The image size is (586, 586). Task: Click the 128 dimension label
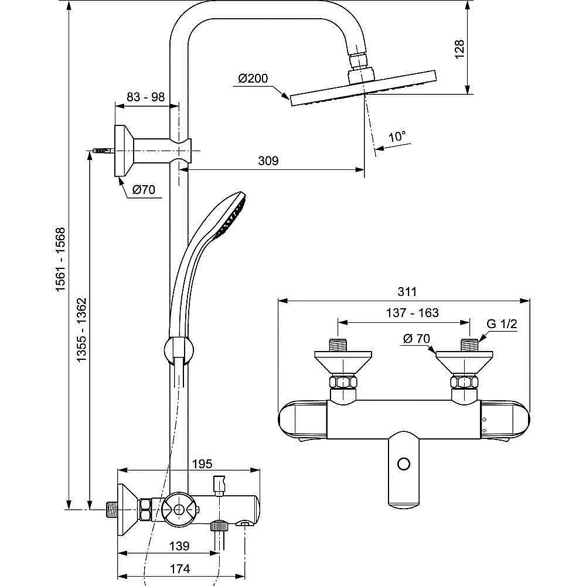(459, 49)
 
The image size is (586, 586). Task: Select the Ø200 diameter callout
(253, 79)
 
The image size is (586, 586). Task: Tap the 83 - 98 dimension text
(145, 97)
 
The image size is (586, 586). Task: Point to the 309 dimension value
(268, 161)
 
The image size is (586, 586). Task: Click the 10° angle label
(397, 137)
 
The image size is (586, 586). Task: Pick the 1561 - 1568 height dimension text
(60, 259)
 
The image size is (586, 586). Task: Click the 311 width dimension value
(407, 291)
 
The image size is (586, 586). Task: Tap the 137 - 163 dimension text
(412, 312)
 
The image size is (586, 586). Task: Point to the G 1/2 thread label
(502, 323)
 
